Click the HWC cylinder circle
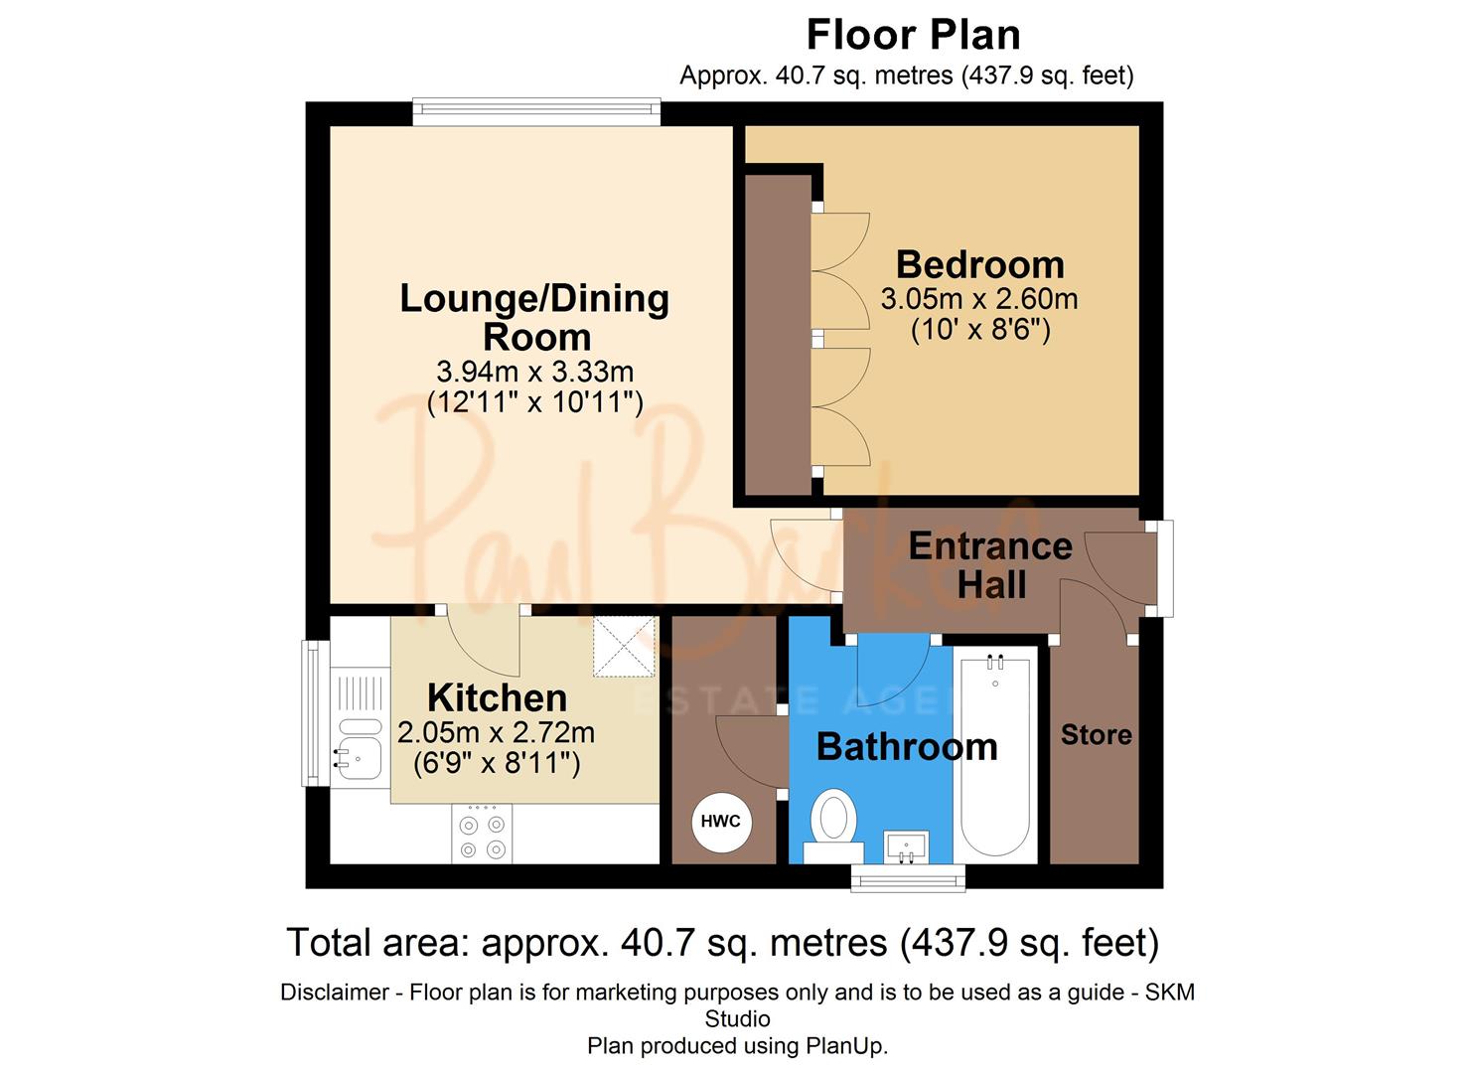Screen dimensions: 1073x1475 721,821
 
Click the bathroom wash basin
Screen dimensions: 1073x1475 906,846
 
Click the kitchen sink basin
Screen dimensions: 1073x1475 359,758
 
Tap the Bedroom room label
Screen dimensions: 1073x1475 979,264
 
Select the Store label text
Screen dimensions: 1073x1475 1096,735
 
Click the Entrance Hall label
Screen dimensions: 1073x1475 990,565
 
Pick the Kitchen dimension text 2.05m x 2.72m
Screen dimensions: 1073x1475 496,733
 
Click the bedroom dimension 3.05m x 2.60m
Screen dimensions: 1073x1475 978,299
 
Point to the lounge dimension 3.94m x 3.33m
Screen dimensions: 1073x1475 534,372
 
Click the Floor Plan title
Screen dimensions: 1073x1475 913,35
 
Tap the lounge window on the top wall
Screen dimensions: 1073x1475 536,111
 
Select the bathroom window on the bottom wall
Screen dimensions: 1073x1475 908,876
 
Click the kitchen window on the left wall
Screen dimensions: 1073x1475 314,712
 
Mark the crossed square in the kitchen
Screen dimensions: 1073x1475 625,647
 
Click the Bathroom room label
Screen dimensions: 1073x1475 906,747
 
